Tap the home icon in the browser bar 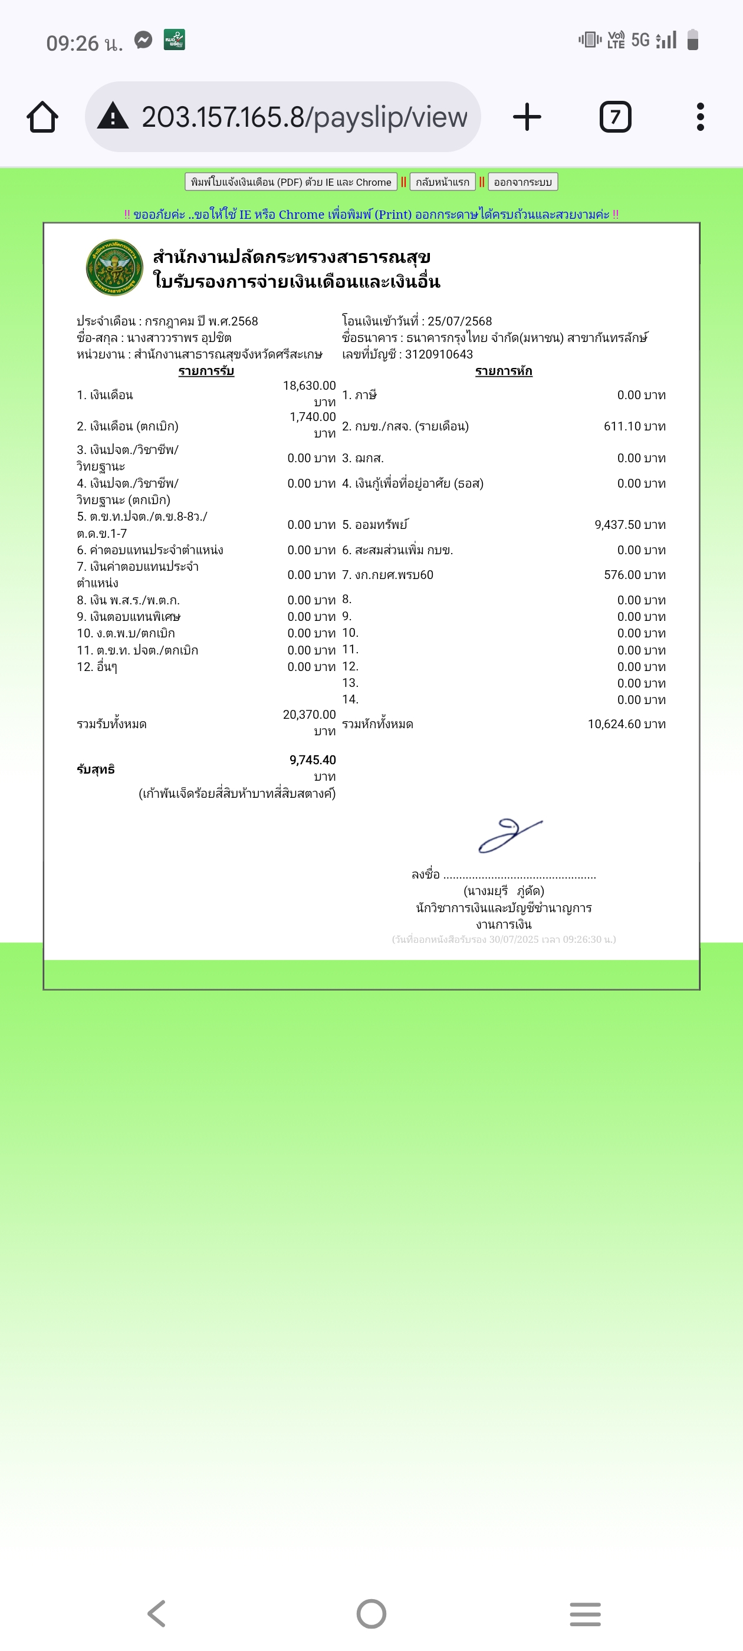click(x=42, y=117)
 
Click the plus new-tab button click(x=527, y=117)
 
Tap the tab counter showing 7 click(x=615, y=117)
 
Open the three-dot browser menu click(x=700, y=117)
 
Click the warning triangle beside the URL click(x=113, y=117)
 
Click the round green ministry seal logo click(x=114, y=268)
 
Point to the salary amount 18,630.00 click(x=309, y=386)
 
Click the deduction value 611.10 click(x=623, y=427)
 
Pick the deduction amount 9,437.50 click(x=618, y=525)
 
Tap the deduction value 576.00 click(x=623, y=575)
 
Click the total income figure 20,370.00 click(x=309, y=715)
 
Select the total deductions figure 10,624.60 click(x=614, y=724)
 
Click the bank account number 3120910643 click(x=439, y=354)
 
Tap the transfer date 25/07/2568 click(x=459, y=321)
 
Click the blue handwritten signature click(x=509, y=835)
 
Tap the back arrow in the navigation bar click(x=156, y=1613)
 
